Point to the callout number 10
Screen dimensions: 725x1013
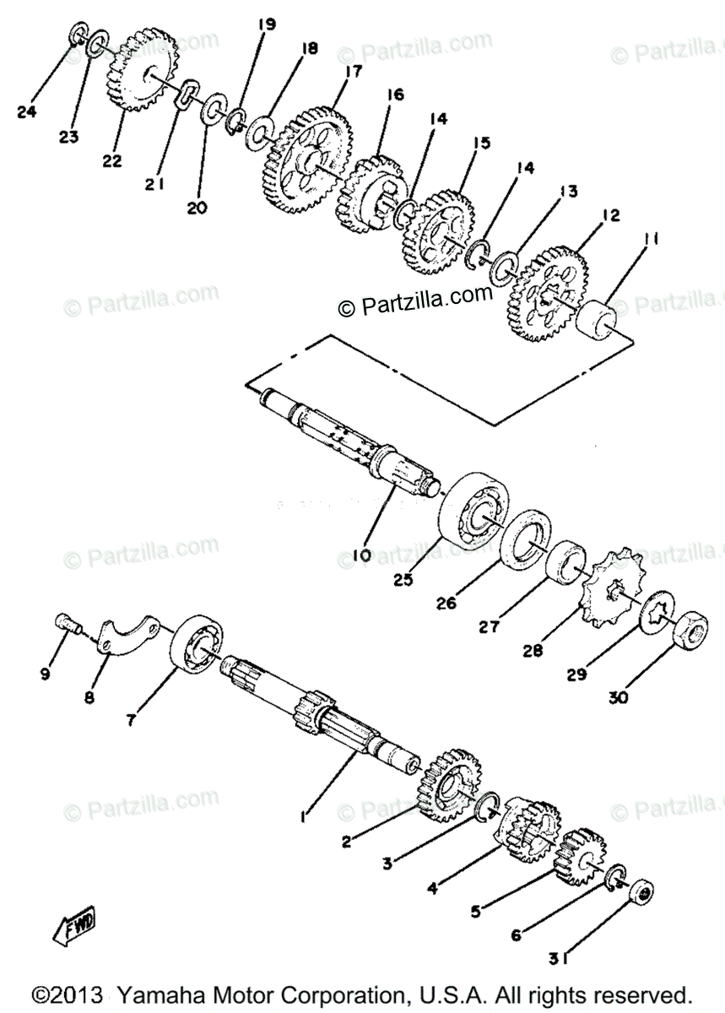[362, 555]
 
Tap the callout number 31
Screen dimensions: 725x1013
[555, 956]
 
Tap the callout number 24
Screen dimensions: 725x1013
[27, 111]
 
